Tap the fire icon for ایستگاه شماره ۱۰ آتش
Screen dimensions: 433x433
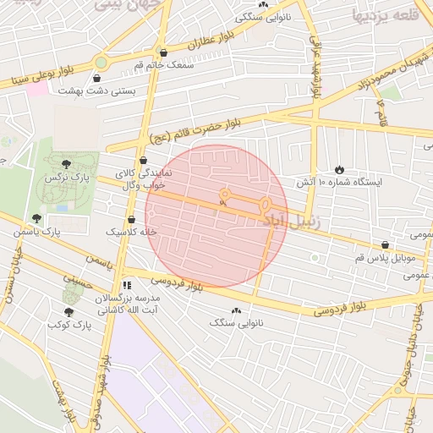pyautogui.click(x=340, y=169)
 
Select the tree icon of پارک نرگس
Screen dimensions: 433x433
pyautogui.click(x=67, y=162)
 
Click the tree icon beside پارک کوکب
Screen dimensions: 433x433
pyautogui.click(x=69, y=312)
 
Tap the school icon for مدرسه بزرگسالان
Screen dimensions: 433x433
pyautogui.click(x=127, y=287)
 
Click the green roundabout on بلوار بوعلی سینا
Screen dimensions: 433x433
pyautogui.click(x=101, y=62)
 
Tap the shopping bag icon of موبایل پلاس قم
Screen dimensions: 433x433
pyautogui.click(x=386, y=244)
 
